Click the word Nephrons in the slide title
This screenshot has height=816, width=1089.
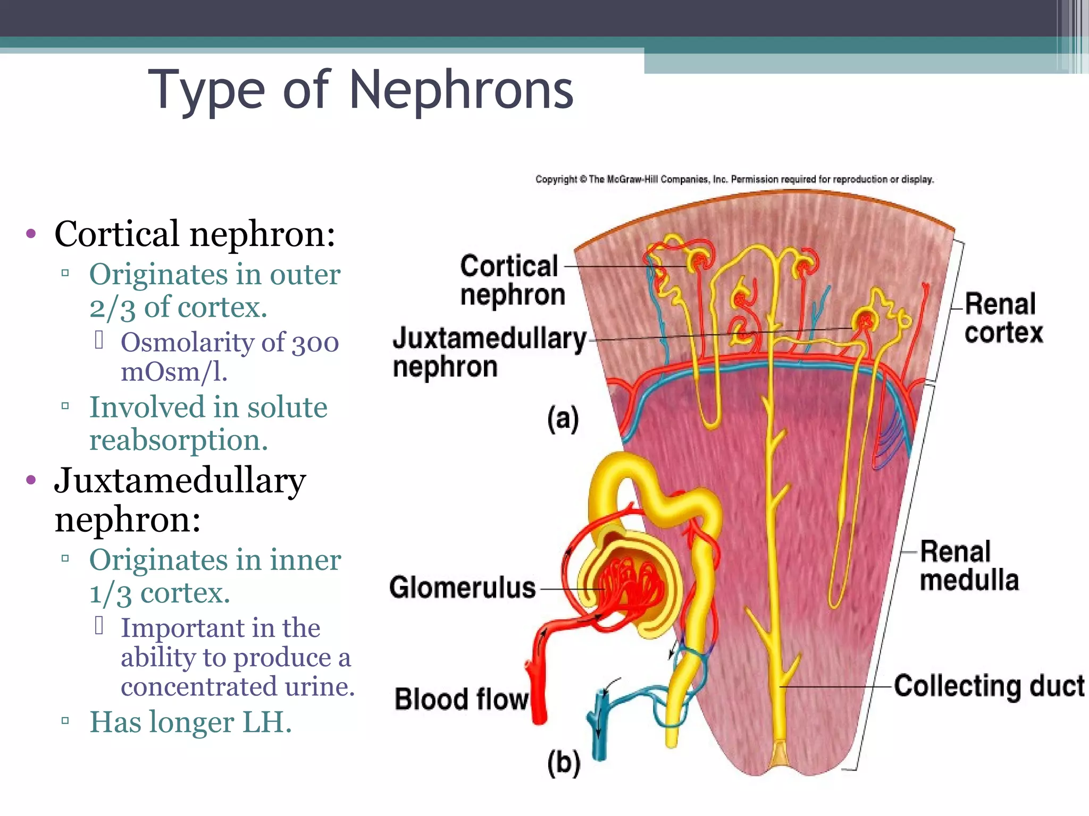tap(461, 90)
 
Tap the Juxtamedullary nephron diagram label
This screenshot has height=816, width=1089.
tap(489, 352)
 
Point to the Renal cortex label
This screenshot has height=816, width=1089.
tap(1003, 318)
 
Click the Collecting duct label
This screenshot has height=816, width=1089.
tap(989, 686)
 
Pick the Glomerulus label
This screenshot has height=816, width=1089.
tap(462, 588)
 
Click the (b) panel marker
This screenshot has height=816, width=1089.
tap(564, 763)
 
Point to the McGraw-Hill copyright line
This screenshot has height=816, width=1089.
tap(734, 180)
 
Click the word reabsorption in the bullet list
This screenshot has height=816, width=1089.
tap(178, 440)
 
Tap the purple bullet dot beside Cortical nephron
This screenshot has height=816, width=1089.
tap(31, 233)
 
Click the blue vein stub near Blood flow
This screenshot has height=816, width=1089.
tap(600, 728)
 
